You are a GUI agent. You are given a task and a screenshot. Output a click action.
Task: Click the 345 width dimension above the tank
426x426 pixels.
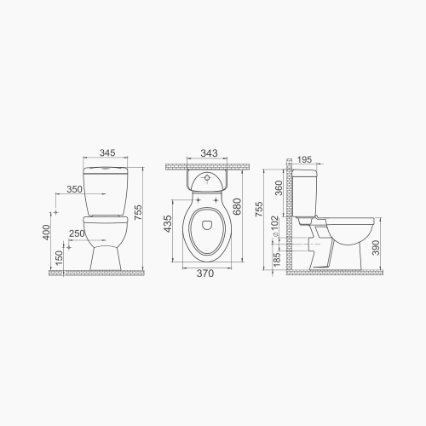(107, 153)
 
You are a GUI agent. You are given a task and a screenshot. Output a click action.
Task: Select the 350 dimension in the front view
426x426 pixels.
(74, 189)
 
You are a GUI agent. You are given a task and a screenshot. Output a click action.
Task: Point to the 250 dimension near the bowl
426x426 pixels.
(76, 233)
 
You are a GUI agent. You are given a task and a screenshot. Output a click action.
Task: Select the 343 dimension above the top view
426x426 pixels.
(208, 153)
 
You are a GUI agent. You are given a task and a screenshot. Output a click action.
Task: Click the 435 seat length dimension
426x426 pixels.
(169, 223)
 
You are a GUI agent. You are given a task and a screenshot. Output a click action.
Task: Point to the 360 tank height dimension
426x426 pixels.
(279, 188)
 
